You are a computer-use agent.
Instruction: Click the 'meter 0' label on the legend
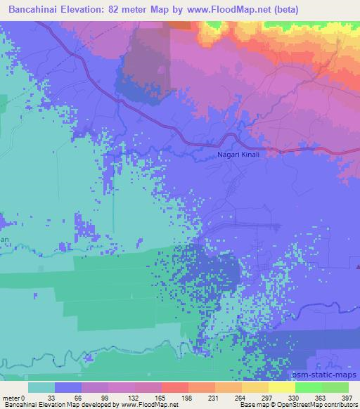[x=15, y=398]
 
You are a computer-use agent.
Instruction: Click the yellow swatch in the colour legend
[x=281, y=387]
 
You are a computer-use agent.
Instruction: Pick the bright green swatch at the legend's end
[x=335, y=387]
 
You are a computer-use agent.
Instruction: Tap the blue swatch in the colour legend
[x=68, y=387]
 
